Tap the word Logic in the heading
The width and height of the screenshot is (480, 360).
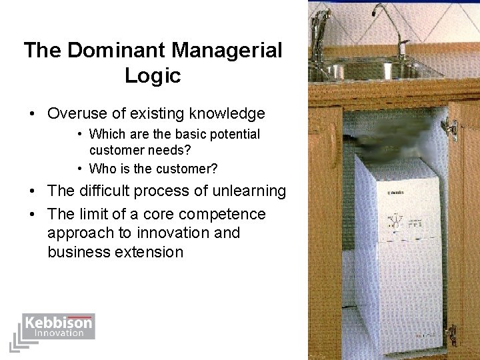tap(153, 75)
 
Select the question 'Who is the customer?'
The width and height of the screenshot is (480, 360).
tap(153, 168)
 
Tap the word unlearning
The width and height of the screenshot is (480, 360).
tap(249, 191)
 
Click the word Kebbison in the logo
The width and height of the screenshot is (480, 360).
tap(58, 323)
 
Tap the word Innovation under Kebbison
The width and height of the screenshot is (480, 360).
tap(59, 333)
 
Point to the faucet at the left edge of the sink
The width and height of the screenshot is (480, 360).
tap(321, 30)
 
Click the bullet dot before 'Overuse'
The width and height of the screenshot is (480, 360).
tap(32, 114)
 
